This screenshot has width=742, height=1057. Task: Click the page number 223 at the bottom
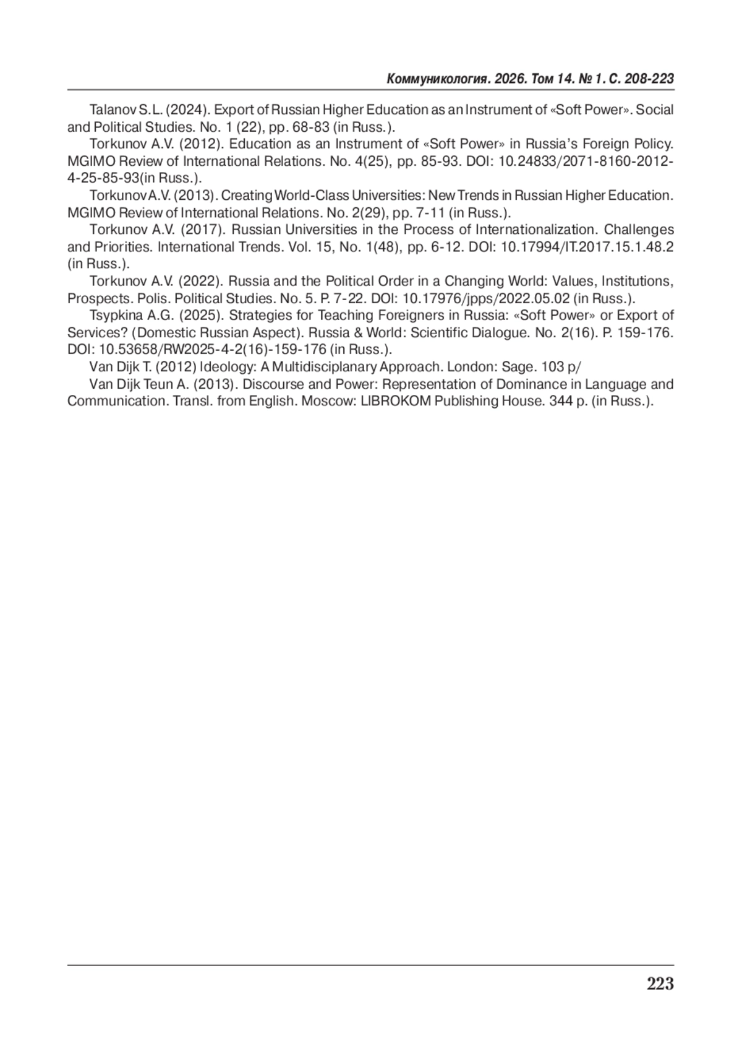point(660,983)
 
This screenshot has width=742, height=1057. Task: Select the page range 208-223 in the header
point(649,79)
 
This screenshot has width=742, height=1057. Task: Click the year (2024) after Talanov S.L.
point(186,110)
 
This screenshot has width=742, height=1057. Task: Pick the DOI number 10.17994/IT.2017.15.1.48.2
point(586,247)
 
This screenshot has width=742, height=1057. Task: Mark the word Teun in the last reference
point(159,384)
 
